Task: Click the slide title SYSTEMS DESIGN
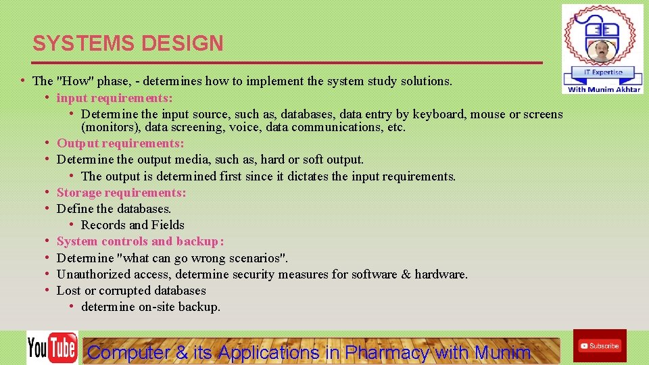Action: click(128, 43)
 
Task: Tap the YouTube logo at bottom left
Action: click(52, 347)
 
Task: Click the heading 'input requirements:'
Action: click(114, 98)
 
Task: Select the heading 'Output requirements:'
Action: click(120, 143)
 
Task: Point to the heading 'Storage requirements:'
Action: click(121, 193)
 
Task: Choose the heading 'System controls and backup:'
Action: click(140, 241)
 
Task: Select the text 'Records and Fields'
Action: click(133, 225)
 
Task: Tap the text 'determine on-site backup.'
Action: click(150, 307)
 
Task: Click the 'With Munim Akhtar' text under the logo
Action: click(604, 89)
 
